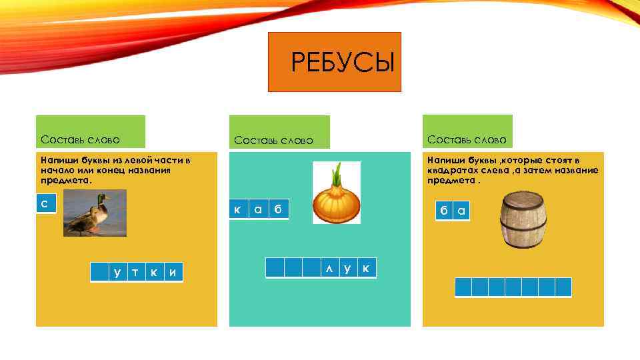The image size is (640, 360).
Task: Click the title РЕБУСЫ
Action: pyautogui.click(x=343, y=63)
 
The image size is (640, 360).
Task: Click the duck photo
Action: pyautogui.click(x=95, y=213)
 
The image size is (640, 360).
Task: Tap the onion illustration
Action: pyautogui.click(x=337, y=193)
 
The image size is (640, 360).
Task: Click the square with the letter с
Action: pyautogui.click(x=45, y=203)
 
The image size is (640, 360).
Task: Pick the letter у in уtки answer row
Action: pyautogui.click(x=117, y=272)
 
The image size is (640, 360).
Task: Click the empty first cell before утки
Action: pyautogui.click(x=99, y=272)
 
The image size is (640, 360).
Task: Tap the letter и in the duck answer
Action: pyautogui.click(x=173, y=272)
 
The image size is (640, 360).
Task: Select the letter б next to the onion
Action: pyautogui.click(x=279, y=210)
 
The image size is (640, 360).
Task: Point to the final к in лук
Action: pyautogui.click(x=366, y=268)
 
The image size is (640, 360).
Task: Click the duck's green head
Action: pyautogui.click(x=101, y=199)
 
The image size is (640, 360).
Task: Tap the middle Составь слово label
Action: pyautogui.click(x=273, y=140)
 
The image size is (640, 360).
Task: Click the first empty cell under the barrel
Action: pyautogui.click(x=463, y=287)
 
